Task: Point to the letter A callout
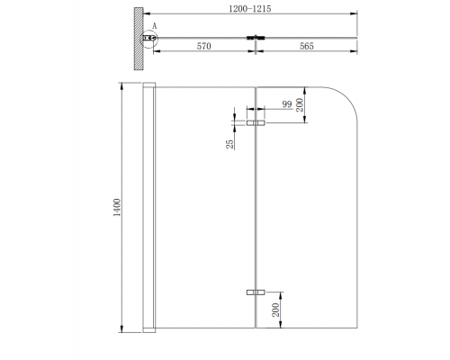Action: pyautogui.click(x=156, y=26)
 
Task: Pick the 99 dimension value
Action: pyautogui.click(x=287, y=105)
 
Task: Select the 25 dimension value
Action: pyautogui.click(x=230, y=142)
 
